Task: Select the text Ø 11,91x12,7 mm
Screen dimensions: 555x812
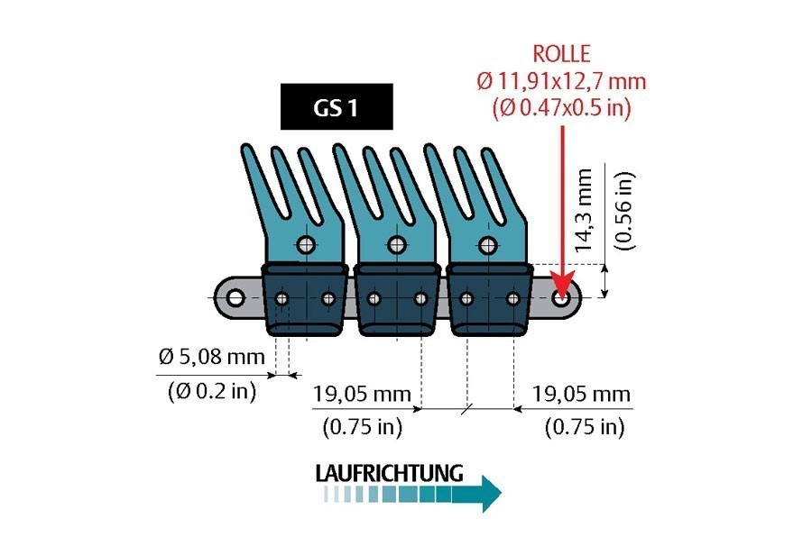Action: coord(561,81)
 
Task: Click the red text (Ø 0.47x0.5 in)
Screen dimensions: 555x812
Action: coord(561,107)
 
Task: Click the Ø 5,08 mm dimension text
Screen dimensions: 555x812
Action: coord(212,357)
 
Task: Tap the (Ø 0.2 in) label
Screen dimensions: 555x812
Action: coord(212,391)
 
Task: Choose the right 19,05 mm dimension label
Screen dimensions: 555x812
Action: coord(581,394)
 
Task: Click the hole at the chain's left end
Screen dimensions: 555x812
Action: coord(235,297)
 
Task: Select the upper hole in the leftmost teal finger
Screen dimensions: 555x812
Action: coord(306,244)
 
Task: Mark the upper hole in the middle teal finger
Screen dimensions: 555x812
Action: coord(398,244)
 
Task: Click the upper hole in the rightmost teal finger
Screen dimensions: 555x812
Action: coord(489,244)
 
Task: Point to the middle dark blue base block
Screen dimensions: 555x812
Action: coord(397,302)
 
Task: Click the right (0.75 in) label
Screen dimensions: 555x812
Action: coord(584,427)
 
